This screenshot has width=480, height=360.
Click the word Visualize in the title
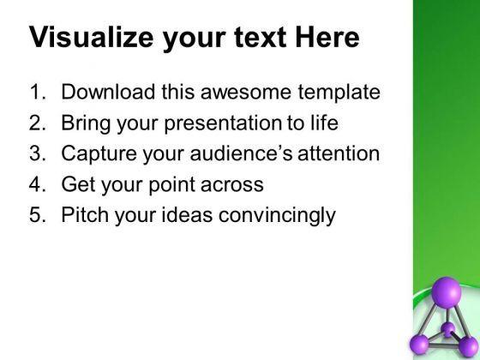click(x=91, y=38)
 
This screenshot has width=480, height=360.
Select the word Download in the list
click(x=108, y=92)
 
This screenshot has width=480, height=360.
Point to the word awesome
click(x=246, y=93)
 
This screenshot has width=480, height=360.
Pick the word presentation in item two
click(x=223, y=123)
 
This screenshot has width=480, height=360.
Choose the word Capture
click(x=99, y=153)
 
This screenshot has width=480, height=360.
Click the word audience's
click(x=241, y=153)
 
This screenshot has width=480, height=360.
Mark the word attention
click(x=339, y=153)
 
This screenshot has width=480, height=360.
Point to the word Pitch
click(x=85, y=214)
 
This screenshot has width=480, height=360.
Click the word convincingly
click(x=277, y=215)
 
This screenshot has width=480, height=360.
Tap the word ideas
click(x=187, y=214)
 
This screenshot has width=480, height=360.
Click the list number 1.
click(x=38, y=92)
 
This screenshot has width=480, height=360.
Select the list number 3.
click(x=38, y=153)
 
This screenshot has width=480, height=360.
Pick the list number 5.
click(x=38, y=214)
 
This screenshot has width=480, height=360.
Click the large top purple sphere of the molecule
click(x=446, y=292)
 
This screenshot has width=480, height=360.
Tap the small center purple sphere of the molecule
click(x=448, y=329)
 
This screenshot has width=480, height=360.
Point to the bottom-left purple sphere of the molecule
click(x=419, y=345)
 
